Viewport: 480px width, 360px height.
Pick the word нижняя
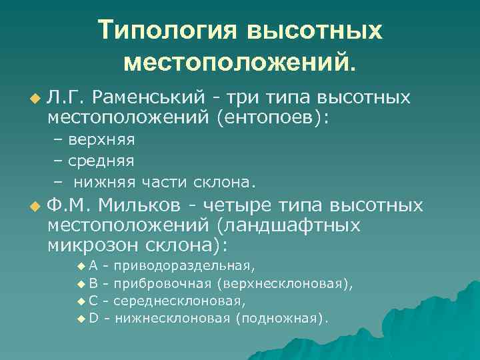click(104, 181)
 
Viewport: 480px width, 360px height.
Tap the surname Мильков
click(141, 204)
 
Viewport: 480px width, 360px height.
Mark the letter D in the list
click(93, 318)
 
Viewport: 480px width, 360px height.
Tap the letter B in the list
click(93, 283)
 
